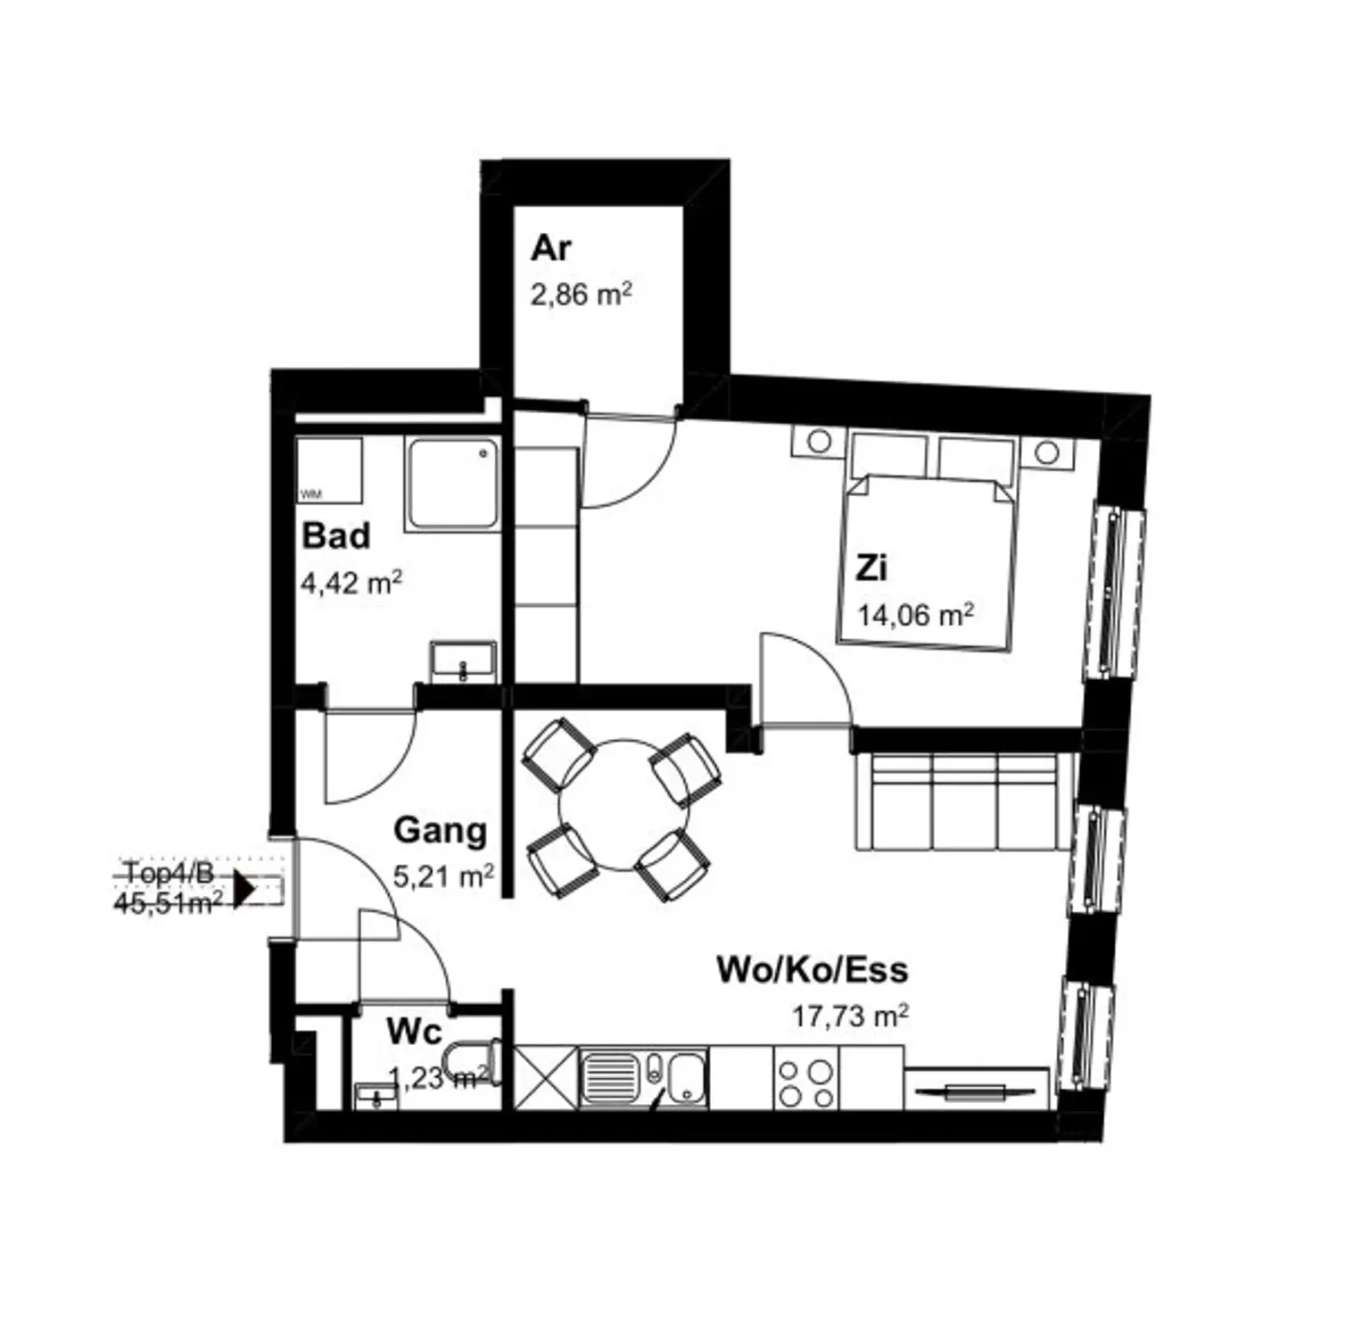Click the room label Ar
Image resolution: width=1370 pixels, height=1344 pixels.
pyautogui.click(x=550, y=248)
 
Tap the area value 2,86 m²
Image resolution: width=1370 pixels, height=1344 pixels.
pyautogui.click(x=581, y=294)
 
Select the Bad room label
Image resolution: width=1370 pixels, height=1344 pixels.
pyautogui.click(x=335, y=536)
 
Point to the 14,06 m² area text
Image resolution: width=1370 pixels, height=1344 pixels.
pyautogui.click(x=915, y=615)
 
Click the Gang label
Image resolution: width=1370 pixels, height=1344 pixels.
pyautogui.click(x=440, y=830)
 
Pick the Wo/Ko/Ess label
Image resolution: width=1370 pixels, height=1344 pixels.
pyautogui.click(x=812, y=969)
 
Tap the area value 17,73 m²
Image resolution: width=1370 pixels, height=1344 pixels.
pyautogui.click(x=850, y=1016)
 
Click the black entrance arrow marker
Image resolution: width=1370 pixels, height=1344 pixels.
pyautogui.click(x=243, y=890)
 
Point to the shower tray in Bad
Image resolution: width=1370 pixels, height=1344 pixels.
pyautogui.click(x=452, y=485)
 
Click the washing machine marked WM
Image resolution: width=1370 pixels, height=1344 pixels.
pyautogui.click(x=328, y=470)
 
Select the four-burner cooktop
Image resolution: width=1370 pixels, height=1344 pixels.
pyautogui.click(x=805, y=1082)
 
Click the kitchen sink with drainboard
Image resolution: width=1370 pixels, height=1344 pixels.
pyautogui.click(x=642, y=1078)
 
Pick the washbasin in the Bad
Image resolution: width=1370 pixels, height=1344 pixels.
pyautogui.click(x=462, y=662)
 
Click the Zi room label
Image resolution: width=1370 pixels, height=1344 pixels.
pyautogui.click(x=871, y=568)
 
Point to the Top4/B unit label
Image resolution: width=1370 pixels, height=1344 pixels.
pyautogui.click(x=169, y=873)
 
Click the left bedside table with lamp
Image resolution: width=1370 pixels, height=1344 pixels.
pyautogui.click(x=818, y=442)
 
